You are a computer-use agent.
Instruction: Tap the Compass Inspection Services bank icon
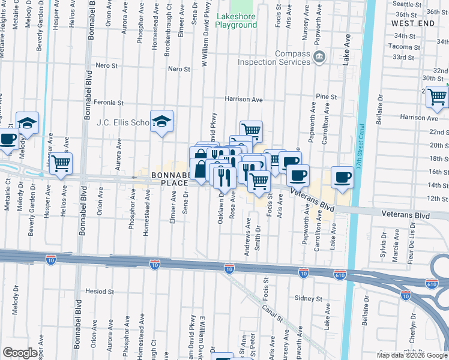pyautogui.click(x=319, y=58)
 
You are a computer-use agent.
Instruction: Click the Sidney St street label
pyautogui.click(x=309, y=298)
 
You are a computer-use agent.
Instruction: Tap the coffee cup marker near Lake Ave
pyautogui.click(x=342, y=177)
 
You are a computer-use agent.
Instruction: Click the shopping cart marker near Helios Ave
pyautogui.click(x=61, y=163)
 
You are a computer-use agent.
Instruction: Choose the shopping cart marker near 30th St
pyautogui.click(x=437, y=96)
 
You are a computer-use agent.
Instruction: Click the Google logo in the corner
pyautogui.click(x=19, y=353)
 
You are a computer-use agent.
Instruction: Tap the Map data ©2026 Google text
pyautogui.click(x=412, y=355)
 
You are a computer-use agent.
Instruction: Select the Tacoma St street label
pyautogui.click(x=403, y=46)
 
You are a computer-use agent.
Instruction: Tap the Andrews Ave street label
pyautogui.click(x=247, y=238)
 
